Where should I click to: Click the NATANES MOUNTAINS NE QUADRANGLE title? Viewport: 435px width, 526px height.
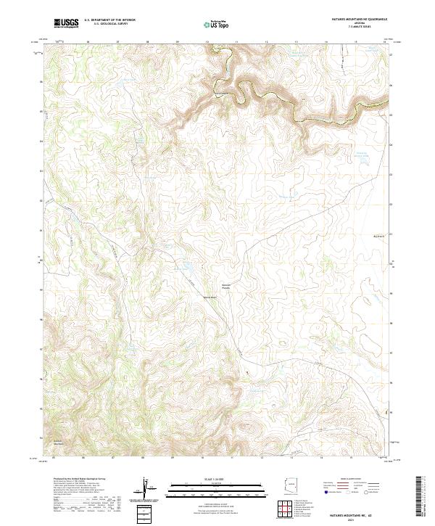click(x=359, y=20)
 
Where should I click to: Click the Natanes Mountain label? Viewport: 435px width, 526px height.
click(x=59, y=442)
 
